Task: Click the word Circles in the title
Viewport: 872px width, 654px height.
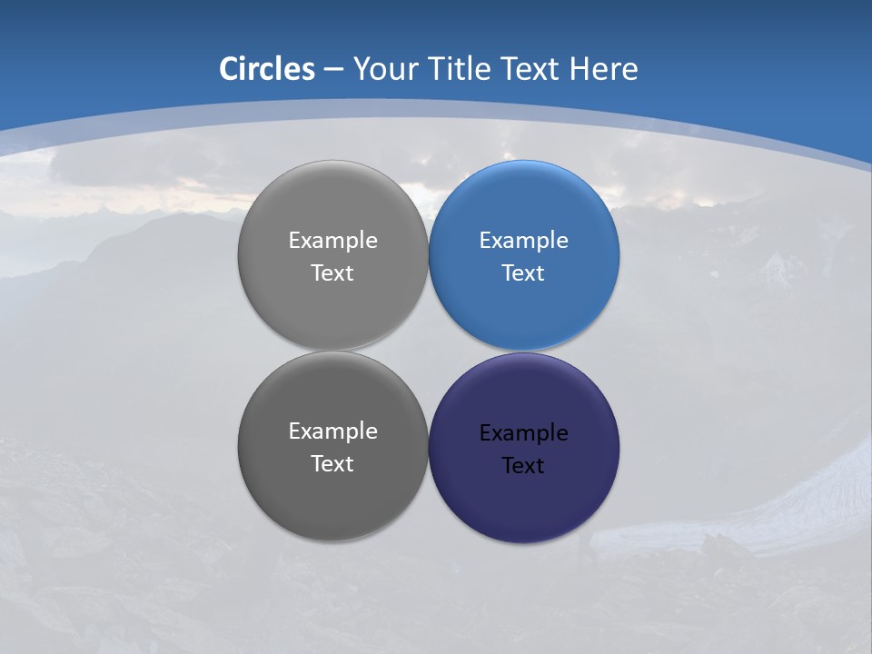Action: click(266, 69)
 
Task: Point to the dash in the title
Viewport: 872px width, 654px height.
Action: click(333, 70)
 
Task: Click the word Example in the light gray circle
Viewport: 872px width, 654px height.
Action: click(332, 240)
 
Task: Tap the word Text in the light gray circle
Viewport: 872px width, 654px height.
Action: click(332, 272)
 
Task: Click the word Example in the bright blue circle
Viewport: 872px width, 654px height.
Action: click(523, 240)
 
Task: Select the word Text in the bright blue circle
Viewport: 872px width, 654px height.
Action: click(523, 272)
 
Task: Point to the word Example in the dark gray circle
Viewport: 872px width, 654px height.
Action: click(332, 431)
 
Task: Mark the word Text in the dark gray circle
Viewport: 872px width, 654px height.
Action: click(332, 463)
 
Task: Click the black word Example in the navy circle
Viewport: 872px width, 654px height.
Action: click(523, 432)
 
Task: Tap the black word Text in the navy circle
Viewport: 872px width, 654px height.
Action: click(523, 465)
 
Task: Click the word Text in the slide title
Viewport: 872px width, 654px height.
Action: click(530, 69)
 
